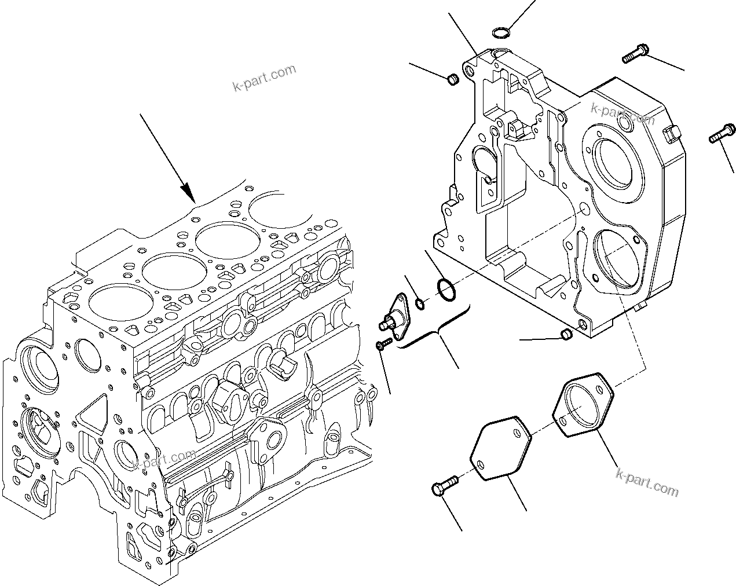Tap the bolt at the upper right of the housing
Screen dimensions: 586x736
[x=634, y=56]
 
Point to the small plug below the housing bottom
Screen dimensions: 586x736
[x=566, y=334]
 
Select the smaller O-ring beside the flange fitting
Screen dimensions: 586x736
[x=420, y=303]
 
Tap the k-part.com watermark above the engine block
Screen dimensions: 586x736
[x=264, y=79]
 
